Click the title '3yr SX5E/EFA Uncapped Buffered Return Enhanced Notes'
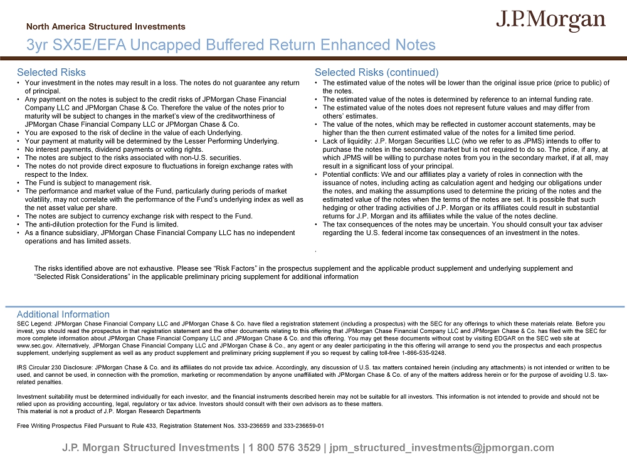coord(231,45)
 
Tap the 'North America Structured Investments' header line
coord(106,27)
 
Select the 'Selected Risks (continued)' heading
coord(376,73)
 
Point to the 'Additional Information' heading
coord(63,314)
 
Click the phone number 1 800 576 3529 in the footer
coord(285,448)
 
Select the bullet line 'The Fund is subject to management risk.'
coord(88,183)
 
